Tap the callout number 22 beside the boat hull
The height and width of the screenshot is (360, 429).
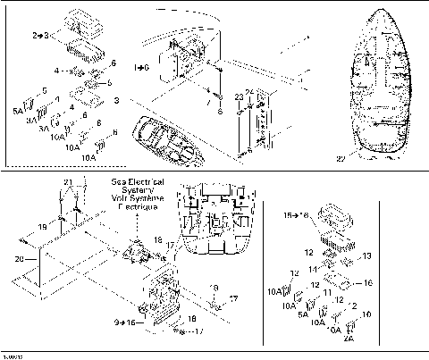click(x=341, y=158)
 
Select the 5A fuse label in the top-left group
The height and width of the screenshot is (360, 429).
click(x=19, y=111)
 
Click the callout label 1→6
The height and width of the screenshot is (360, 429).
click(x=141, y=67)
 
